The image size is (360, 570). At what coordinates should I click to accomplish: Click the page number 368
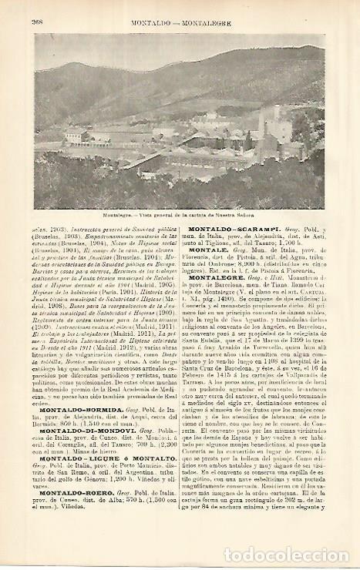point(37,22)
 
